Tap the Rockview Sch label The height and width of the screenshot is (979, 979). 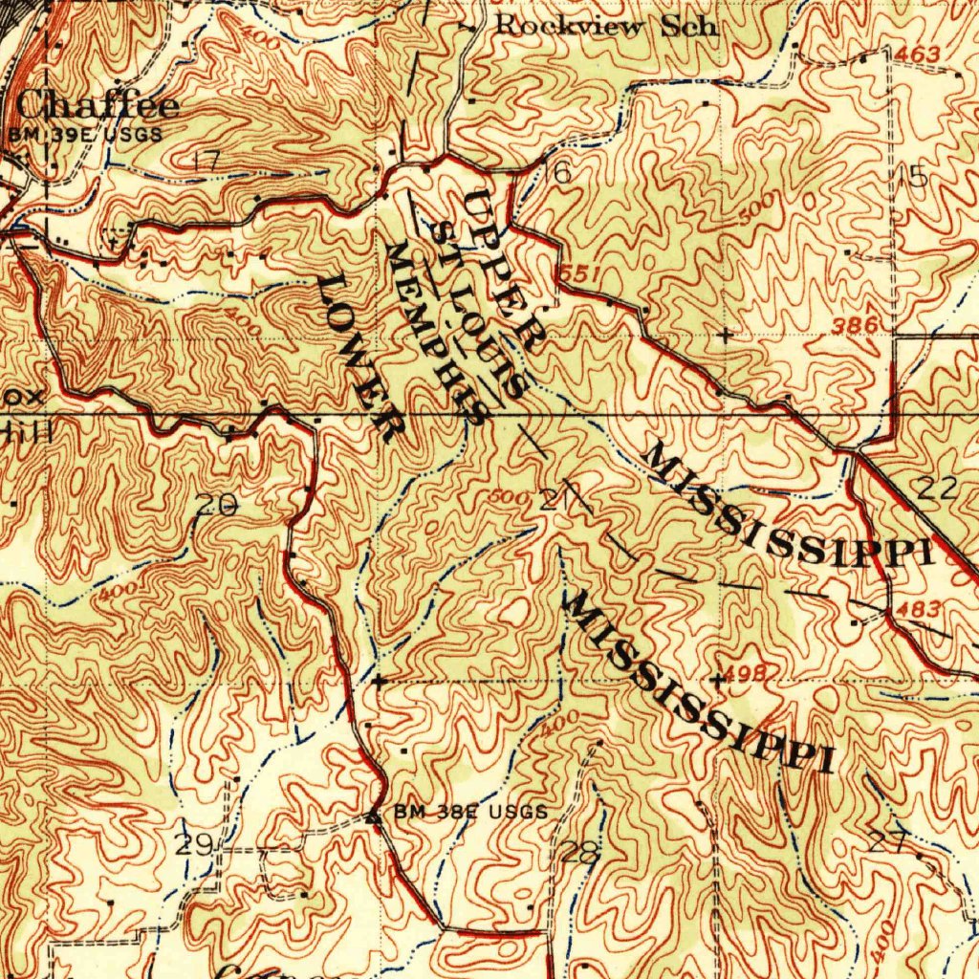(605, 26)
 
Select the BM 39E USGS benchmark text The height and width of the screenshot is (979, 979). (85, 135)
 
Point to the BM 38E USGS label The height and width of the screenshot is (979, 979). (471, 813)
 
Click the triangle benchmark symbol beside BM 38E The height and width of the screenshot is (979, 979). (374, 816)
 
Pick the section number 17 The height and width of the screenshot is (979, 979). (206, 162)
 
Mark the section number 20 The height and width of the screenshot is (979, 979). (216, 506)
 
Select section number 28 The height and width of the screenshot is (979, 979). (579, 852)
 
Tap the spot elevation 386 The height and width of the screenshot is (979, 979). (854, 326)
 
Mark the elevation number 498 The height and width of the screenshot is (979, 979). (747, 672)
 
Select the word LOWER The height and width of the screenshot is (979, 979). (360, 357)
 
